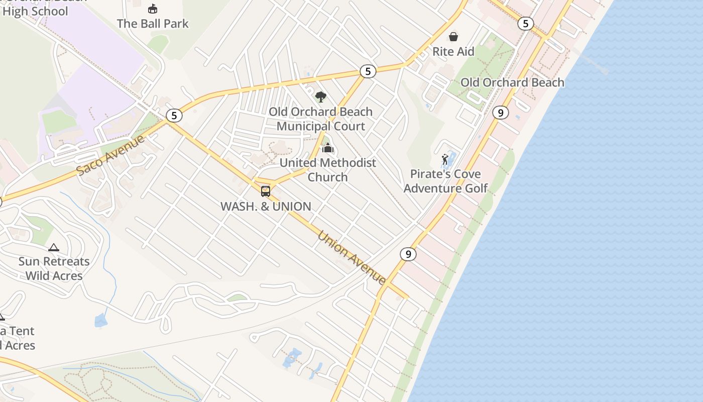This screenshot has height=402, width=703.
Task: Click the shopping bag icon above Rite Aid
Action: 453,36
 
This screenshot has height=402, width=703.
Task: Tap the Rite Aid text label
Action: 453,51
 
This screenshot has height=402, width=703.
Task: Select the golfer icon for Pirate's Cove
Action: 445,160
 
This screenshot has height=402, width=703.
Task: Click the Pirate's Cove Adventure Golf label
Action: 445,181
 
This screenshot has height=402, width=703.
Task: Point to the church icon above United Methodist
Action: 328,148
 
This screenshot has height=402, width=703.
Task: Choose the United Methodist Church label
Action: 327,170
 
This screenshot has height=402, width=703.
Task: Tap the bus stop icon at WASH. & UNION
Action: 266,191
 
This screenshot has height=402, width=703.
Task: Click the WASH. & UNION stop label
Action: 266,206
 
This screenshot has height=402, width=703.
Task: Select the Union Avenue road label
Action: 351,257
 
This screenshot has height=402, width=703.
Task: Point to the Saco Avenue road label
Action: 111,154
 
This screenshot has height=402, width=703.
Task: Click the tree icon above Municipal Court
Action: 320,96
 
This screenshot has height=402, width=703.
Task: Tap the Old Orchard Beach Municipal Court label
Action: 320,119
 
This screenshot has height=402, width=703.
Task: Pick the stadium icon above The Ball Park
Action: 153,9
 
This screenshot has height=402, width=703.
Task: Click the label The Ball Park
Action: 153,23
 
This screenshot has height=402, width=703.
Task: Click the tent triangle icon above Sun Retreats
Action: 54,247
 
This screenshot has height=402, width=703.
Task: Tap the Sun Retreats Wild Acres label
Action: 54,268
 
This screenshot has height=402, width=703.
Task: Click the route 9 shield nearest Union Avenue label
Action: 408,254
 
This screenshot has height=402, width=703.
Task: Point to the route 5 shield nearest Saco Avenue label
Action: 174,116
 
